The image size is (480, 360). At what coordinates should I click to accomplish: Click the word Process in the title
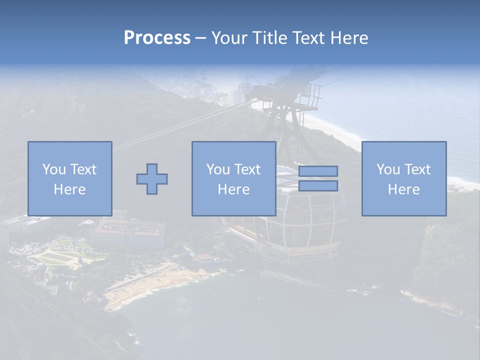(157, 37)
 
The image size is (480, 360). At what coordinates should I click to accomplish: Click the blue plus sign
(152, 179)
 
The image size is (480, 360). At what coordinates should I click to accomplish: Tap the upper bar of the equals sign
(318, 171)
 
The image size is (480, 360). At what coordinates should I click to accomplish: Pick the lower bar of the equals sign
(318, 186)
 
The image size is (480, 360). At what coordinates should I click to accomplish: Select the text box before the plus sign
(69, 178)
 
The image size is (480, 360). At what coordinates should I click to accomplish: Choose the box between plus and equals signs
(233, 178)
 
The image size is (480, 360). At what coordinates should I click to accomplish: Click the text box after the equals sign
(403, 178)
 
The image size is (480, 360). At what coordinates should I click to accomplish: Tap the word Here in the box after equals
(403, 189)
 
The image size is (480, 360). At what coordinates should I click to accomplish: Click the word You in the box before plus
(53, 169)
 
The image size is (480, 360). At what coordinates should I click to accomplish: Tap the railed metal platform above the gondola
(290, 95)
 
